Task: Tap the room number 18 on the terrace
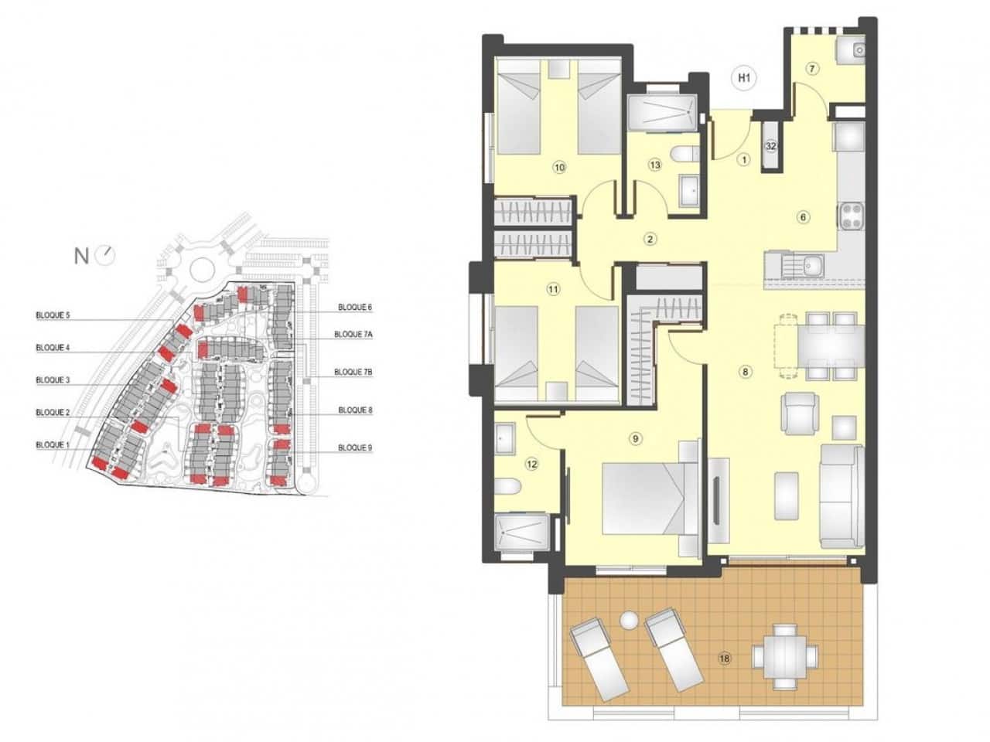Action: [725, 659]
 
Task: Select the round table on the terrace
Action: [786, 655]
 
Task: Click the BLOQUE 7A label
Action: [353, 335]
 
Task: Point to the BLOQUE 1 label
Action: [53, 445]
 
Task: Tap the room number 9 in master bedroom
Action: [635, 439]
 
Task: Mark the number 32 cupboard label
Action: [770, 145]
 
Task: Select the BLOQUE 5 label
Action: [53, 315]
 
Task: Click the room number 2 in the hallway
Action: [650, 239]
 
